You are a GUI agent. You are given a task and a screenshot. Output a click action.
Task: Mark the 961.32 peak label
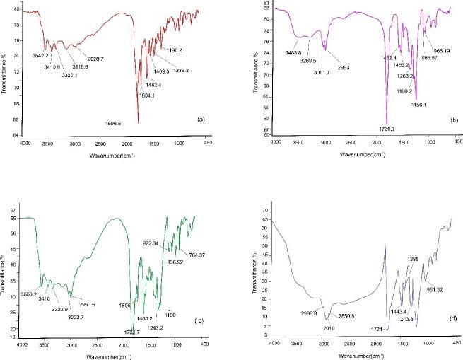click(x=437, y=290)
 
